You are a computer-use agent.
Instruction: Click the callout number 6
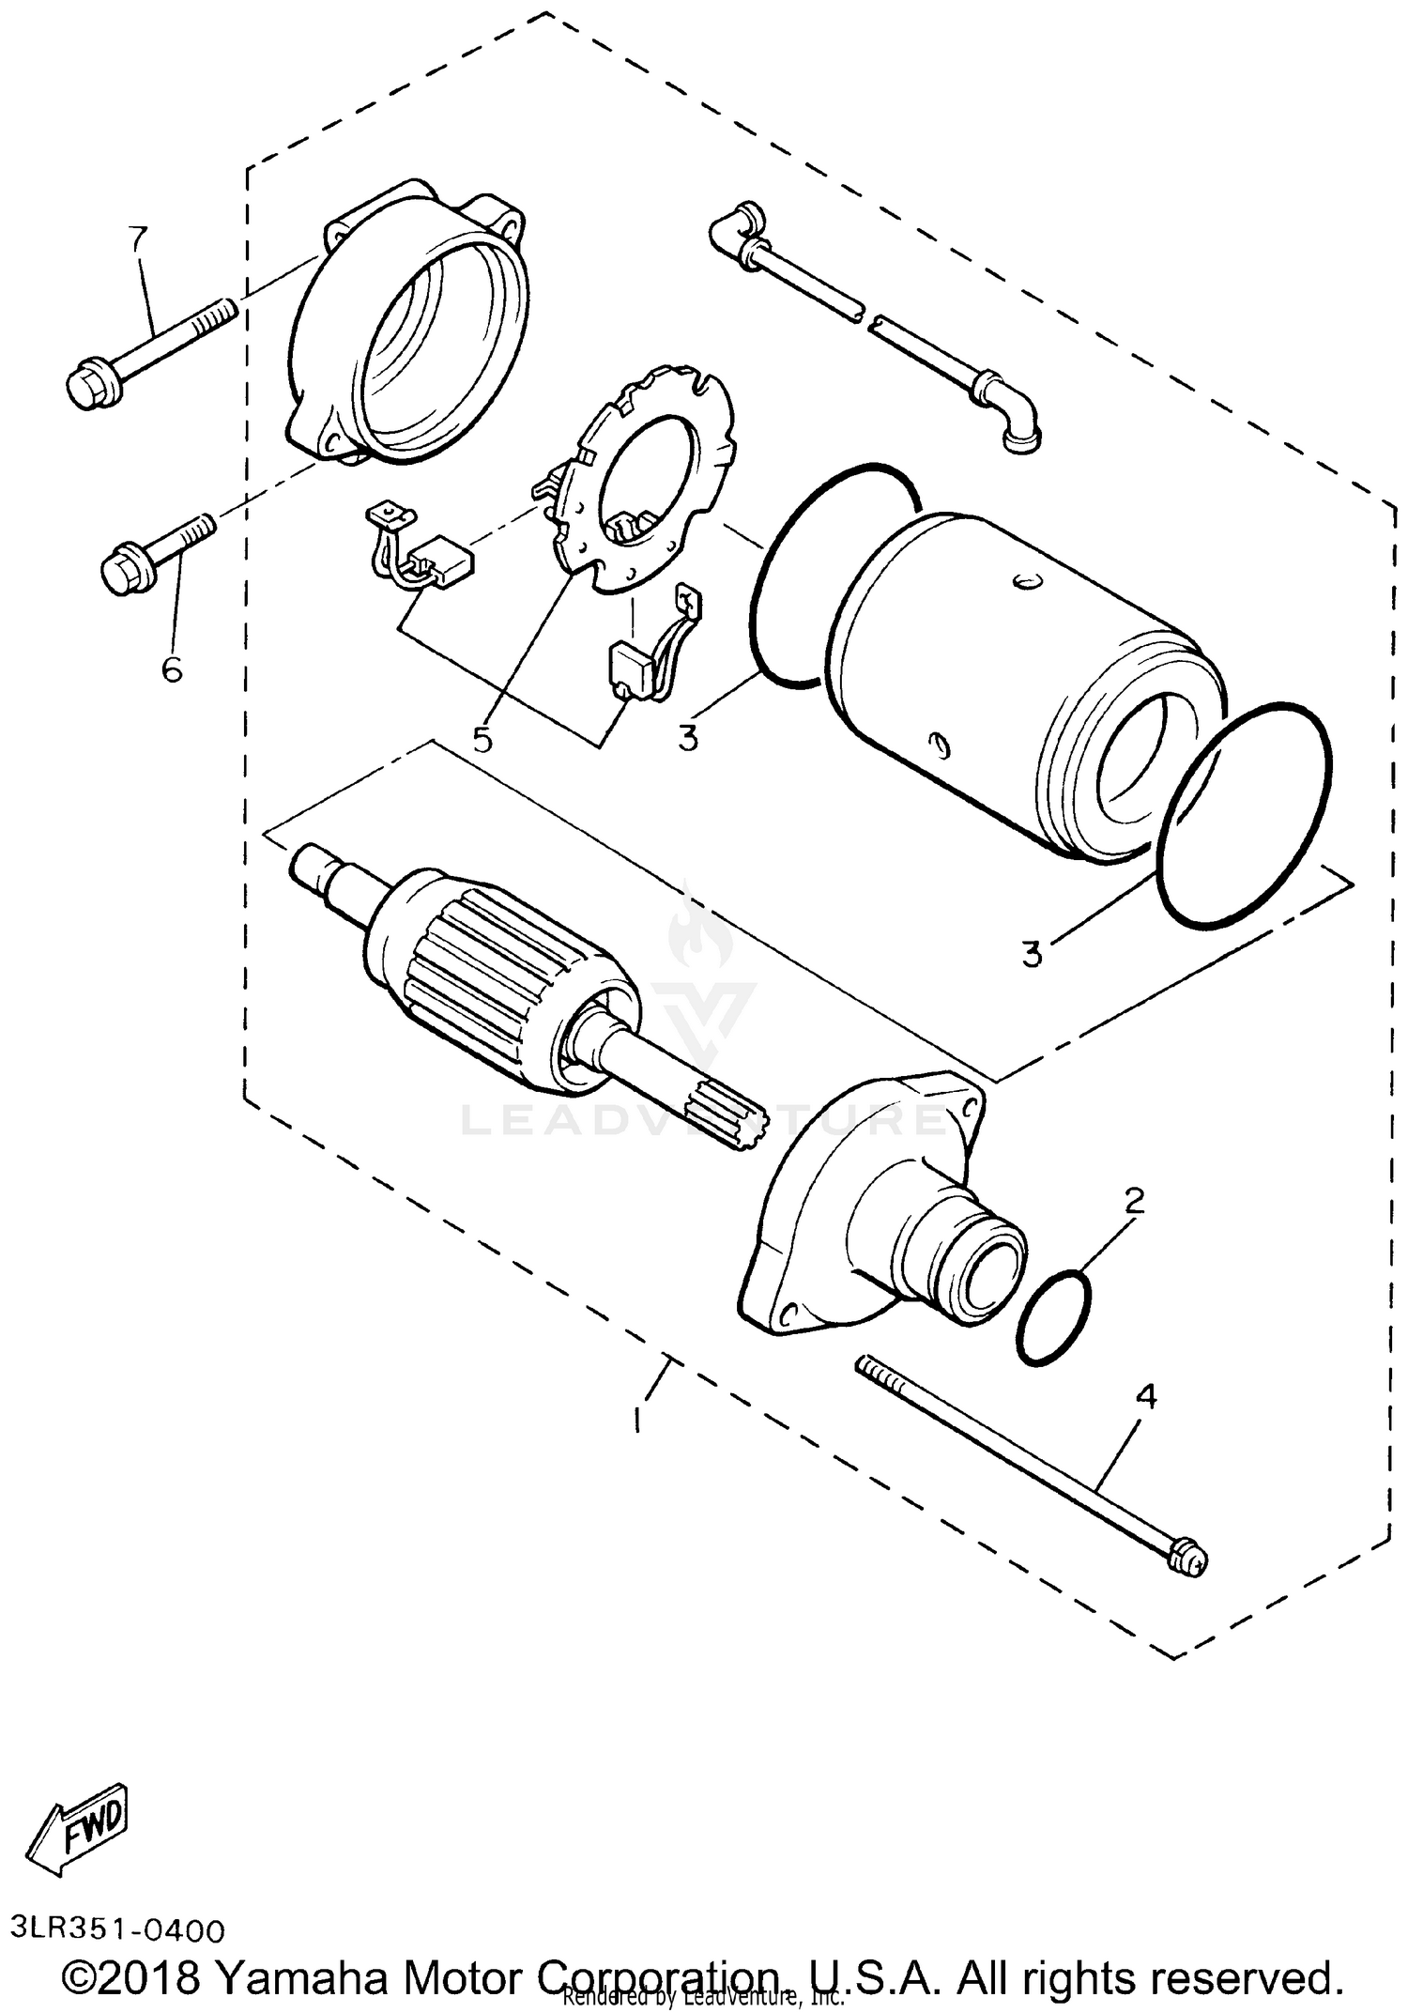click(172, 669)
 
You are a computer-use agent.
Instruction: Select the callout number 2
click(1134, 1201)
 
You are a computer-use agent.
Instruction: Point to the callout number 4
click(1145, 1422)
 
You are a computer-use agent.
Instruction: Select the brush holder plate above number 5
click(648, 488)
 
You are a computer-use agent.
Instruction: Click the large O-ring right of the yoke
click(1243, 811)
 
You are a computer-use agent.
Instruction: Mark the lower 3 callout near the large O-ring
click(1032, 954)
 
